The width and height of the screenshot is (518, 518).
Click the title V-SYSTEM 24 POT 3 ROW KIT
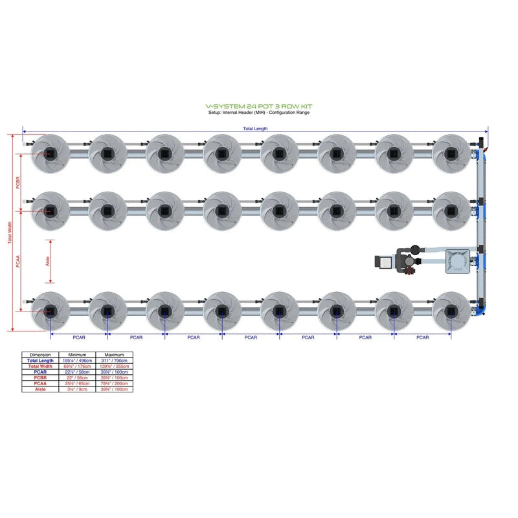pyautogui.click(x=258, y=106)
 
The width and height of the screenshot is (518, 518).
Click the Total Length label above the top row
pyautogui.click(x=255, y=129)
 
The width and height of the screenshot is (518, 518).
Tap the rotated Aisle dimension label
pyautogui.click(x=47, y=261)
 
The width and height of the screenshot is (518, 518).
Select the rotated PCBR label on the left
pyautogui.click(x=17, y=181)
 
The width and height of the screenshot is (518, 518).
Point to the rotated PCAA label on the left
pyautogui.click(x=17, y=261)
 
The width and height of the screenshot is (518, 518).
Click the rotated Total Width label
pyautogui.click(x=9, y=233)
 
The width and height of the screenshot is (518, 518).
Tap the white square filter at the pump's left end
pyautogui.click(x=382, y=262)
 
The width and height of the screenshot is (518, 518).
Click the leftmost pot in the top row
pyautogui.click(x=51, y=153)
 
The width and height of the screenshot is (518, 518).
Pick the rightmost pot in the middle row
pyautogui.click(x=451, y=210)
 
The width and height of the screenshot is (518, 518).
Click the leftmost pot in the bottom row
pyautogui.click(x=51, y=311)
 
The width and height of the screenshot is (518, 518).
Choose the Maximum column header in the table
pyautogui.click(x=114, y=355)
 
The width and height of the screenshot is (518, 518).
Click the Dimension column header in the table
pyautogui.click(x=40, y=355)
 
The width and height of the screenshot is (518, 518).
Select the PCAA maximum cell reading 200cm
pyautogui.click(x=114, y=383)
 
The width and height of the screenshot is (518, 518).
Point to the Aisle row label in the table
pyautogui.click(x=40, y=389)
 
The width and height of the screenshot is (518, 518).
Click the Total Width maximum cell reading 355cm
pyautogui.click(x=114, y=366)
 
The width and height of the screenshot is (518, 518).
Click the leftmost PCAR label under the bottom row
pyautogui.click(x=79, y=337)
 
